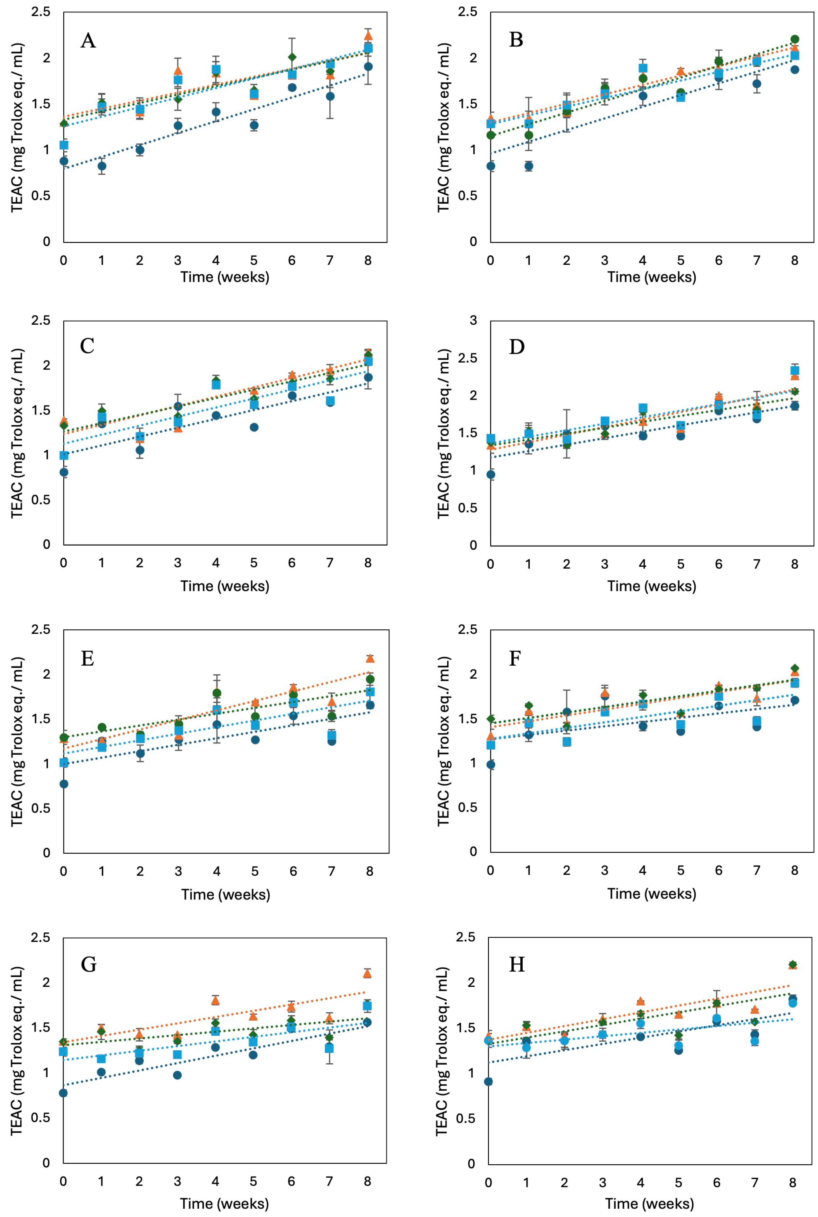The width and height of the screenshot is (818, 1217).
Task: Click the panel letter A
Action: (x=88, y=40)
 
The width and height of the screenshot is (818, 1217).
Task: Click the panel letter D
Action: (x=516, y=347)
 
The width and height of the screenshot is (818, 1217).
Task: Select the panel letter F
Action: (x=515, y=659)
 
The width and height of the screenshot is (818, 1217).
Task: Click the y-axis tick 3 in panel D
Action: (x=473, y=321)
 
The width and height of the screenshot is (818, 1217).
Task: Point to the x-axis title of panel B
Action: (x=652, y=277)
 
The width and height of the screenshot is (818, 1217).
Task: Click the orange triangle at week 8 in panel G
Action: (x=367, y=973)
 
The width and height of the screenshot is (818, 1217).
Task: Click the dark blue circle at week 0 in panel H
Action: (x=488, y=1081)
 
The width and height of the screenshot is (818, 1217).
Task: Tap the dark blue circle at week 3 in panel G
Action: (x=177, y=1075)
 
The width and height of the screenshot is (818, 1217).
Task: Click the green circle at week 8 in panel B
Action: (x=795, y=39)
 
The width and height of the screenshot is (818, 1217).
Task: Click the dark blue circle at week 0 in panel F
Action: (x=490, y=765)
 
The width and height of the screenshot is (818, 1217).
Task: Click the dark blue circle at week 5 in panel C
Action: (x=254, y=427)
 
